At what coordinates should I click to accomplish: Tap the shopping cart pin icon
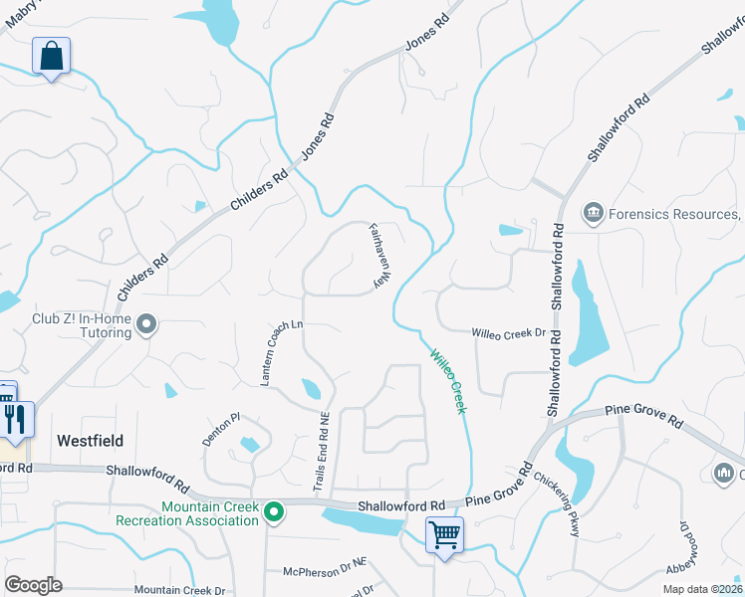444,535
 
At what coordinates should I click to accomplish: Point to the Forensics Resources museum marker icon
594,213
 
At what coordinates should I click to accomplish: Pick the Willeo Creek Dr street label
509,333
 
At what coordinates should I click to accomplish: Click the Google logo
34,584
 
